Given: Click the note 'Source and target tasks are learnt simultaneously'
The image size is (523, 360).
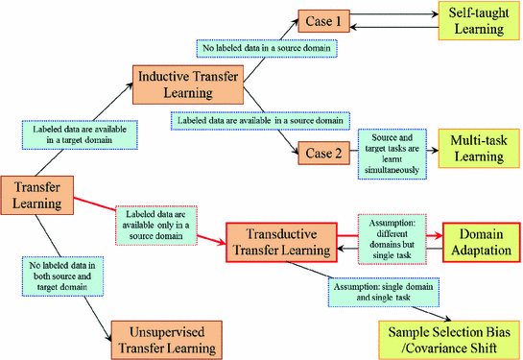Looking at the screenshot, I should (392, 153).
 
